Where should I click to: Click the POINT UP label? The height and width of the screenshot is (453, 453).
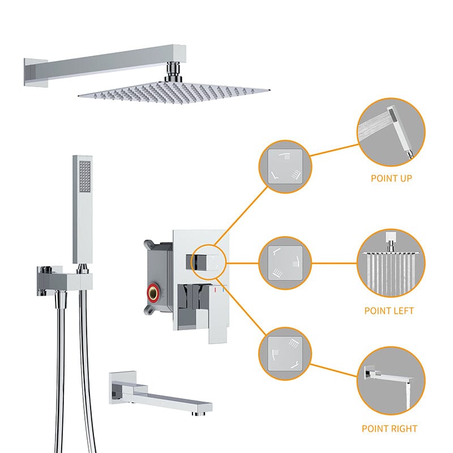click(x=391, y=178)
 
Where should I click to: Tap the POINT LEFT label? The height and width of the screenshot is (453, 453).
click(x=389, y=311)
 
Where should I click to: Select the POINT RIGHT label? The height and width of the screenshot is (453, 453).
click(x=390, y=429)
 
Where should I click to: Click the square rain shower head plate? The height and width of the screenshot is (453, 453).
click(x=174, y=92)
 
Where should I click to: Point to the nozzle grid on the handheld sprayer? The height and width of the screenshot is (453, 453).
click(x=85, y=177)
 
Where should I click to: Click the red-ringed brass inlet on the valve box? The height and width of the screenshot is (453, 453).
click(x=153, y=293)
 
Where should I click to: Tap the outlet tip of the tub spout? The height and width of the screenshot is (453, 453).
click(x=199, y=414)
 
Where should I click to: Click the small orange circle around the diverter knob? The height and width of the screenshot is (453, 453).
click(x=209, y=262)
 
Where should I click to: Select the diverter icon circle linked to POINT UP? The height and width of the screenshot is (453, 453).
click(x=285, y=166)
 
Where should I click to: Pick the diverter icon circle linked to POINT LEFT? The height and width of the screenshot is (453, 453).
click(x=285, y=263)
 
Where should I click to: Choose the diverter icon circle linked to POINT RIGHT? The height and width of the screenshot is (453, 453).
click(x=285, y=353)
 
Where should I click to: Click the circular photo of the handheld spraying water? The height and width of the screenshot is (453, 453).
click(x=391, y=132)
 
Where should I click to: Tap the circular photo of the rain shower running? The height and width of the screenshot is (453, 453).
click(x=391, y=263)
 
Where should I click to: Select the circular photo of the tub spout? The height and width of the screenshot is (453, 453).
click(x=391, y=381)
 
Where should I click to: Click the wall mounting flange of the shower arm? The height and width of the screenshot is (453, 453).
click(x=35, y=72)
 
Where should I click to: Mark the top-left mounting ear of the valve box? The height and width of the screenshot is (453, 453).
click(x=148, y=245)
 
